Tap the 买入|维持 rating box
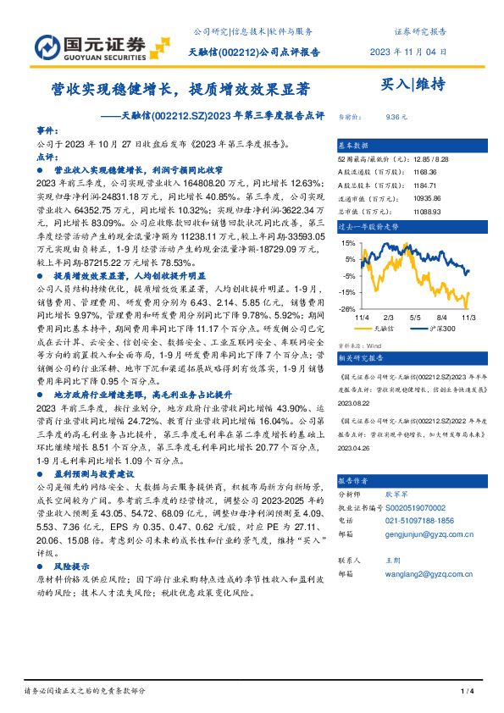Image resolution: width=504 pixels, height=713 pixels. click(408, 84)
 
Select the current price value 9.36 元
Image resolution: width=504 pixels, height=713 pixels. click(396, 118)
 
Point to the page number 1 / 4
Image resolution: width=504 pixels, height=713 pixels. click(467, 692)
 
